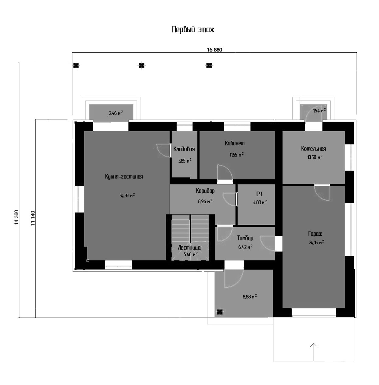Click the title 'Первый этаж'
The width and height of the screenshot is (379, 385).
coord(193,30)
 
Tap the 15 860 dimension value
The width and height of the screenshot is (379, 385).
coord(214,50)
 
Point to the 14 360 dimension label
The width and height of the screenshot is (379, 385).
coord(16,217)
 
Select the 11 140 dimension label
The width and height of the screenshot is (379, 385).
coord(33,218)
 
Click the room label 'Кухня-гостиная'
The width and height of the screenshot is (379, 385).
coord(124,177)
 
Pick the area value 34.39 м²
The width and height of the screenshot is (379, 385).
coord(127,196)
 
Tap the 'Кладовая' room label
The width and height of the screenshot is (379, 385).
coord(184,149)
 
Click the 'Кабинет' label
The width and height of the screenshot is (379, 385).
coord(235,143)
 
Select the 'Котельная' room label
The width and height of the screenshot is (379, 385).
coord(314,149)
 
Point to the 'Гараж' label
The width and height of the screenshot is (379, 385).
coord(315,234)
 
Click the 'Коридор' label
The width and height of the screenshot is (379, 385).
coord(205,191)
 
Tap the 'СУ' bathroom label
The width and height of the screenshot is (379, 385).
coord(259,194)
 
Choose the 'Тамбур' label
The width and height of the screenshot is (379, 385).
coord(245,238)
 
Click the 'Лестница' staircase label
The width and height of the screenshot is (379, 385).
coord(189,248)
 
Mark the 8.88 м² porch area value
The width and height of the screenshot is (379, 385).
coord(250,296)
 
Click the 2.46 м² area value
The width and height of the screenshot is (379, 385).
coord(116,113)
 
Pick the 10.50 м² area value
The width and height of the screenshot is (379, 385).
coord(315,157)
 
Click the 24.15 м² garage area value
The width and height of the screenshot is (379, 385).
coord(316,242)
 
